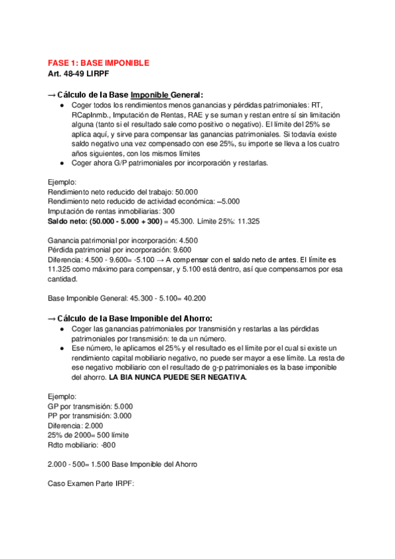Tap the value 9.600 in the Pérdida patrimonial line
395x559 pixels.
pyautogui.click(x=177, y=250)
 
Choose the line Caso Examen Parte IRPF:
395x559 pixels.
pyautogui.click(x=91, y=484)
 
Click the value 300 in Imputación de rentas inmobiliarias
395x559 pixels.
pyautogui.click(x=167, y=211)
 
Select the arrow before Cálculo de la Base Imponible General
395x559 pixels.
pyautogui.click(x=53, y=95)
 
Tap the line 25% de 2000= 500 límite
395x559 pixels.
pyautogui.click(x=88, y=435)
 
